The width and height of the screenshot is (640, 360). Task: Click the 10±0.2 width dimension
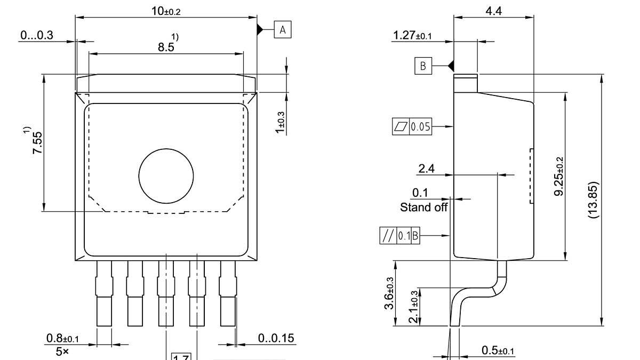(165, 10)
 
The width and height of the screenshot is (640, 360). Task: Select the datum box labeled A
(283, 30)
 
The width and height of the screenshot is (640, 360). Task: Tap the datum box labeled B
(423, 66)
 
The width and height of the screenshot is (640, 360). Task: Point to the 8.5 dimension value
(166, 47)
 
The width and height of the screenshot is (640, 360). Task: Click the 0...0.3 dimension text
(37, 35)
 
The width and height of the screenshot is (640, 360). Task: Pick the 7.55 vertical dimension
(37, 143)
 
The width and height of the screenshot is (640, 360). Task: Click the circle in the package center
(166, 175)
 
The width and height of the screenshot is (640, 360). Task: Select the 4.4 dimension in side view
(493, 10)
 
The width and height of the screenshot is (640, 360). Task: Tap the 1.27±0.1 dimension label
(412, 36)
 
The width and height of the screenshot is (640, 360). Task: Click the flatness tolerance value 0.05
(420, 127)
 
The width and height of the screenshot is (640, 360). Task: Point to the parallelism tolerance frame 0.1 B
(399, 235)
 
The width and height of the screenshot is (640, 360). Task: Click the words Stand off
(424, 207)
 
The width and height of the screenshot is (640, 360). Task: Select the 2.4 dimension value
(426, 169)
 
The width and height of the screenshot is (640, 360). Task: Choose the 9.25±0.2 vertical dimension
(559, 176)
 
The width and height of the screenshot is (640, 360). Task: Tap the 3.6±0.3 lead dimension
(389, 293)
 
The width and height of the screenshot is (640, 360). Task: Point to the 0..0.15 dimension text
(276, 339)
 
